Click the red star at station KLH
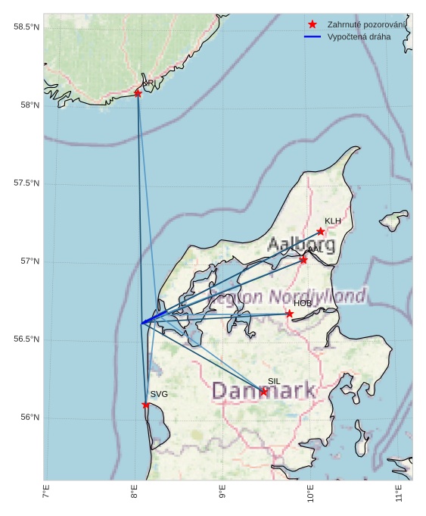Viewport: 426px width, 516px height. coord(321,231)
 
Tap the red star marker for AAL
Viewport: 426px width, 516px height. coord(303,260)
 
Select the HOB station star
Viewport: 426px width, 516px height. coord(290,314)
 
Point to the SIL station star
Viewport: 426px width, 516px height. coord(263,392)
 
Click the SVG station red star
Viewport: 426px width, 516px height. coord(146,405)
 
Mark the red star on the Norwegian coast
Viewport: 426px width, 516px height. coord(138,93)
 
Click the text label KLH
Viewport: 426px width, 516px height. coord(333,221)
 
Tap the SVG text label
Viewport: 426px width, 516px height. coord(159,395)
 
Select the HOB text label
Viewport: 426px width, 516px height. coord(303,304)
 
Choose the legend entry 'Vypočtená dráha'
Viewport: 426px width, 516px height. coord(359,36)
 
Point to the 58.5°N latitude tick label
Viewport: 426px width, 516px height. coord(26,27)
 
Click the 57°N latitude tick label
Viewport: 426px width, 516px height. coord(30,261)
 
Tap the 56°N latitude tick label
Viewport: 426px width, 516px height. coord(30,417)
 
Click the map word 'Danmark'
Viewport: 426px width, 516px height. coord(263,391)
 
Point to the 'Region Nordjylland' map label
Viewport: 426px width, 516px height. coord(288,296)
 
